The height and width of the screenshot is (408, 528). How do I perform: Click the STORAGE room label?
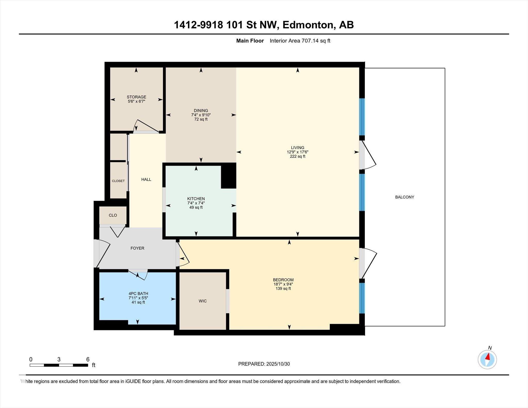click(x=136, y=97)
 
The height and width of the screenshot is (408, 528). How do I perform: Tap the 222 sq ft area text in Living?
click(x=298, y=156)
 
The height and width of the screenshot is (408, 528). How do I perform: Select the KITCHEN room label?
click(x=196, y=199)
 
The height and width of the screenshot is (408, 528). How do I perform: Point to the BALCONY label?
click(x=405, y=197)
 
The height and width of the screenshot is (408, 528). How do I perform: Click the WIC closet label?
click(x=203, y=301)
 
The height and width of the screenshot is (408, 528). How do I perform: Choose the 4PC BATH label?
click(x=138, y=294)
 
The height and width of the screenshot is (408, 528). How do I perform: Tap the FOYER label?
click(x=137, y=248)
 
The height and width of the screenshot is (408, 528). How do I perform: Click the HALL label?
click(x=146, y=180)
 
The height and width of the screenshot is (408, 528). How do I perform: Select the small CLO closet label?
click(x=113, y=215)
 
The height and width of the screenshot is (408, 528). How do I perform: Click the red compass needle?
click(x=488, y=357)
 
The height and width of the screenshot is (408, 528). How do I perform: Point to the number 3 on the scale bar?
click(x=59, y=360)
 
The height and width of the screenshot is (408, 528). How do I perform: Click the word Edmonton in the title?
click(x=308, y=25)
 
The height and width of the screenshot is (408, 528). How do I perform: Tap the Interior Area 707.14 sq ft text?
click(x=300, y=41)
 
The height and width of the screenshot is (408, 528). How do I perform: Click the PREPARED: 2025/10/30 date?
click(x=264, y=364)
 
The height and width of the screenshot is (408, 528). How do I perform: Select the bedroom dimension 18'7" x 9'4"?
click(x=283, y=284)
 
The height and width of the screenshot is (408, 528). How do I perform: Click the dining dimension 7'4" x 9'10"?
click(x=201, y=115)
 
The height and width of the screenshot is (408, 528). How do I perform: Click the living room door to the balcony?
click(x=368, y=155)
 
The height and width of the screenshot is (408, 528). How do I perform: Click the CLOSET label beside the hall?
click(x=118, y=181)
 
